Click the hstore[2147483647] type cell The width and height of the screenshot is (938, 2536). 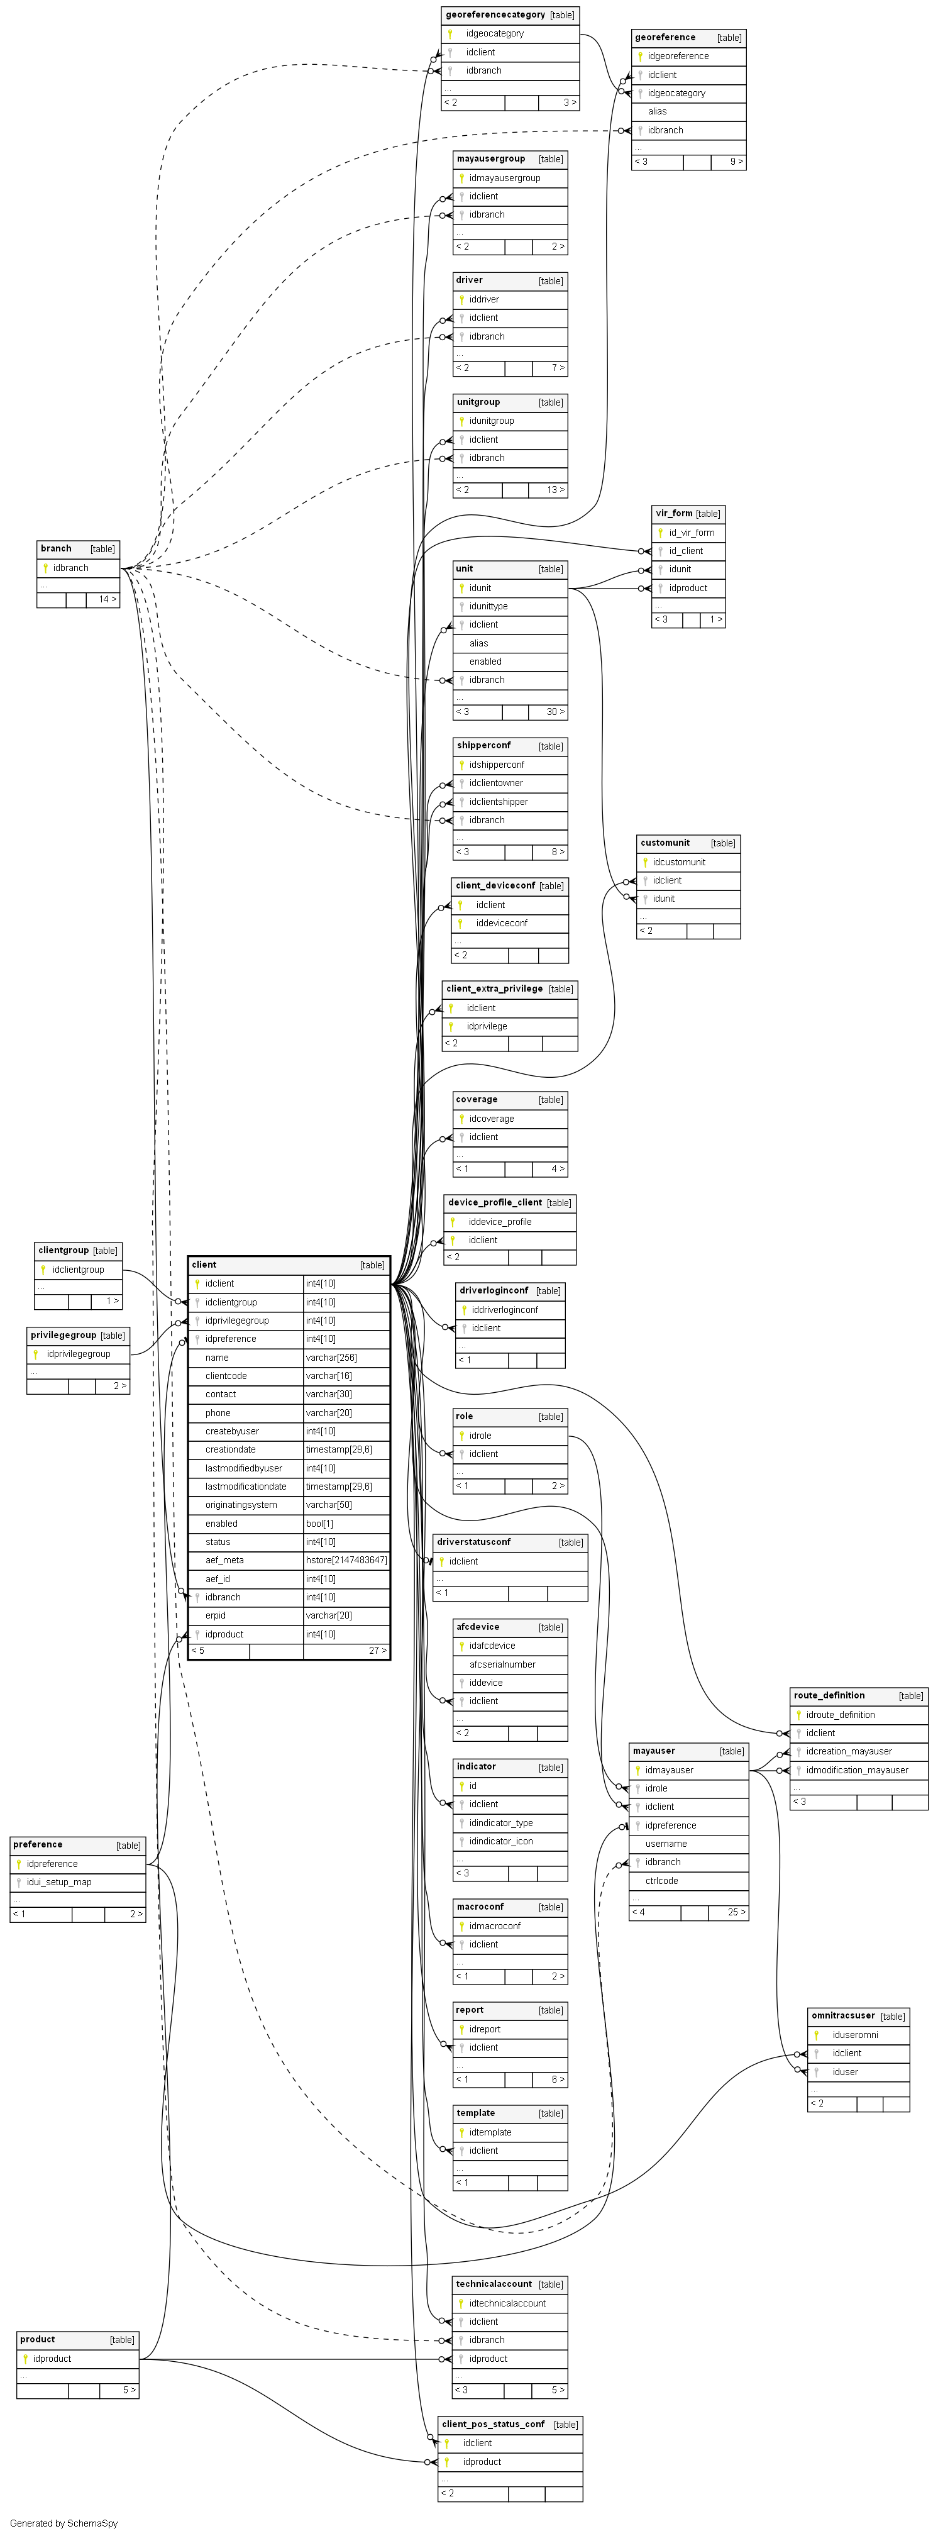pos(346,1560)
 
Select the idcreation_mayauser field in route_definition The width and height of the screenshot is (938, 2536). pos(849,1751)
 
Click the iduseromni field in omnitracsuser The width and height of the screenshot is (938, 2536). pos(854,2035)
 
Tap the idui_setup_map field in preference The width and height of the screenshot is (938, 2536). pos(59,1882)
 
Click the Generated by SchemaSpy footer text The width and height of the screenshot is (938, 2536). pos(63,2523)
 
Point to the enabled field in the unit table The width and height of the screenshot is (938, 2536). pos(485,662)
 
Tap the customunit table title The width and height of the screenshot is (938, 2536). pos(665,843)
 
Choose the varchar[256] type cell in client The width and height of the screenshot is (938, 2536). pos(331,1358)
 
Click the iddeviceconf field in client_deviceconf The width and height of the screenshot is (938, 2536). pos(501,924)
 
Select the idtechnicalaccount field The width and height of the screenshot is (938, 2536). pos(507,2304)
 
